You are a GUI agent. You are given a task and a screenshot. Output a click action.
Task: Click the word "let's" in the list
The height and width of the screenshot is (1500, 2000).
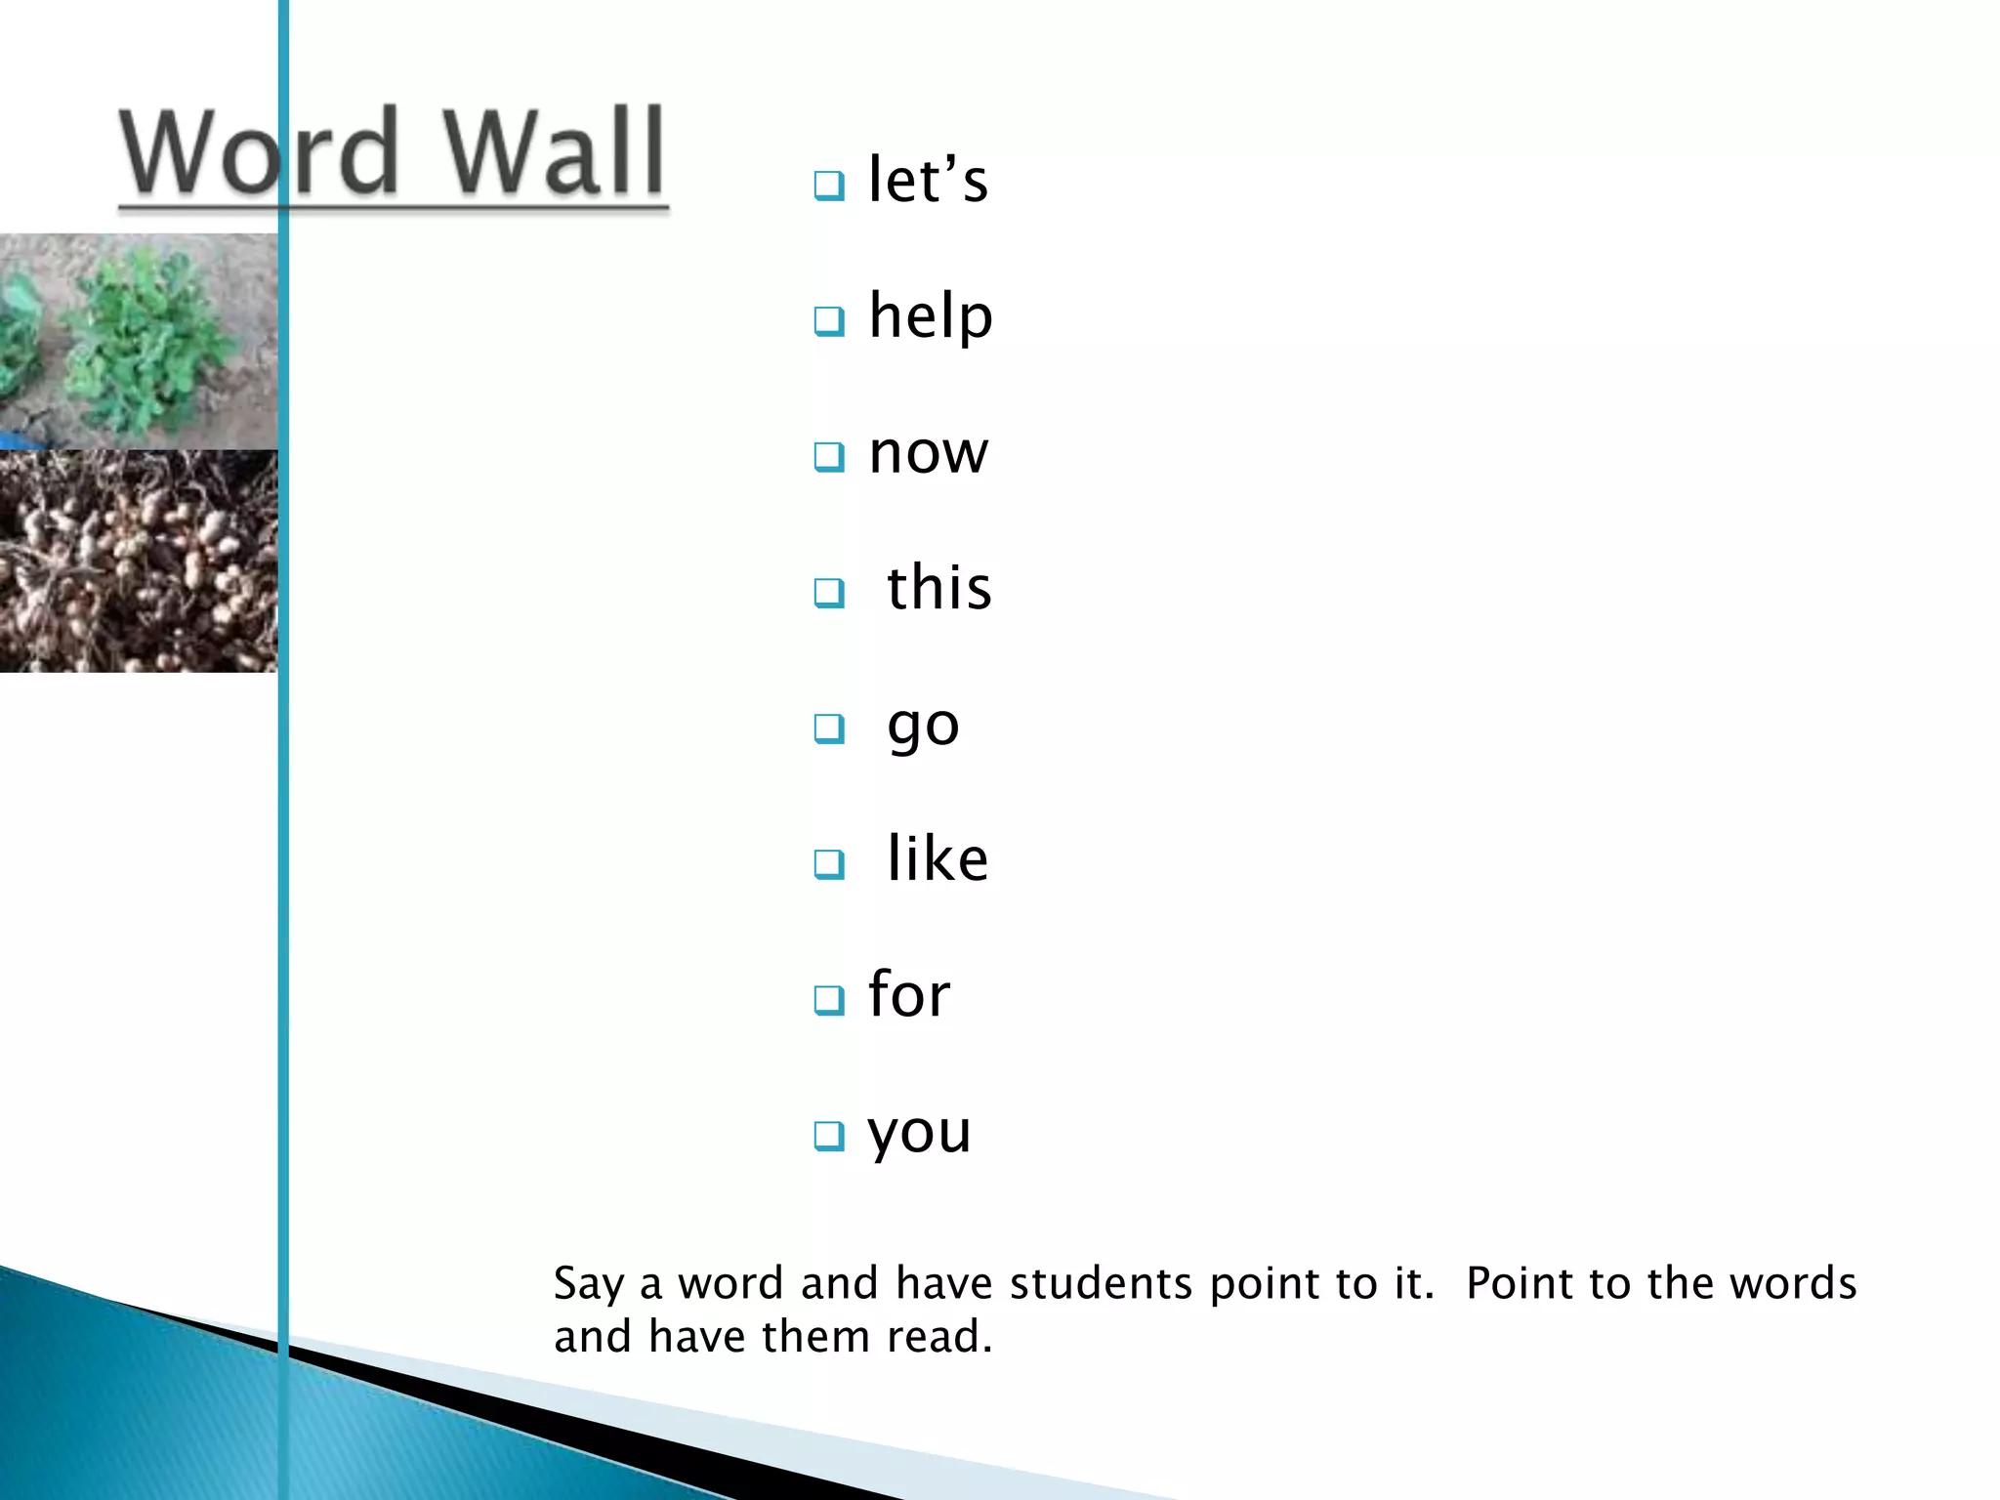928,181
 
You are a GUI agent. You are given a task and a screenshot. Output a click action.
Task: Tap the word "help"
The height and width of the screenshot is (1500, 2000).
931,316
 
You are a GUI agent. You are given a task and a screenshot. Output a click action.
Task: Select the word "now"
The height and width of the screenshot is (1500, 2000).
929,454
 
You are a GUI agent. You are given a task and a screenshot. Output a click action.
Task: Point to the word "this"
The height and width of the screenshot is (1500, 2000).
938,588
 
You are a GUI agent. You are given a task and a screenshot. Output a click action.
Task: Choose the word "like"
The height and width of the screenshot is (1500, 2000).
937,859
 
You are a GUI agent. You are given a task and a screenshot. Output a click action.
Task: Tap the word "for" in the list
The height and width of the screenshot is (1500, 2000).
908,995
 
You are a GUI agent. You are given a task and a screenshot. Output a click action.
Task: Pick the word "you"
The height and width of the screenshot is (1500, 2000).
919,1133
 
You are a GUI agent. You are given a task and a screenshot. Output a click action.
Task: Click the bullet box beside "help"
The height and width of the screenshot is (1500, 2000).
829,320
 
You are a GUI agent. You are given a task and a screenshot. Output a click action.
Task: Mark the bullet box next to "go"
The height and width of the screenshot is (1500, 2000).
829,728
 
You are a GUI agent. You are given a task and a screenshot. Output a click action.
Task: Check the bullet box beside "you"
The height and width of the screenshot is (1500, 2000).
829,1135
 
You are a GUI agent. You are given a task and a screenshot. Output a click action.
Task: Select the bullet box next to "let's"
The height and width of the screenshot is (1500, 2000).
829,185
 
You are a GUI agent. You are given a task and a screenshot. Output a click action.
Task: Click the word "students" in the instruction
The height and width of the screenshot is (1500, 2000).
1101,1283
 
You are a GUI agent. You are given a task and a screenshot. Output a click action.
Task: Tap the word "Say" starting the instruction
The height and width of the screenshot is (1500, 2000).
588,1283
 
